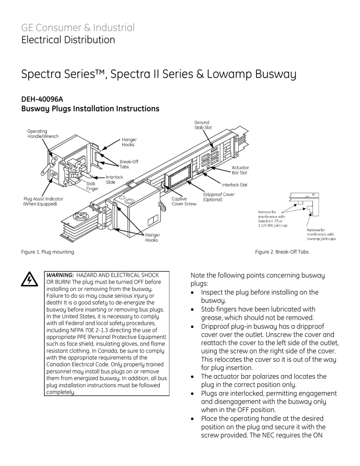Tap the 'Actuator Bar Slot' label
(240, 170)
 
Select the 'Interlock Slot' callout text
(234, 185)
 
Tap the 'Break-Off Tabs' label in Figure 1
(129, 164)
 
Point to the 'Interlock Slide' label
(114, 180)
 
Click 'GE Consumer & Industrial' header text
(78, 27)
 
